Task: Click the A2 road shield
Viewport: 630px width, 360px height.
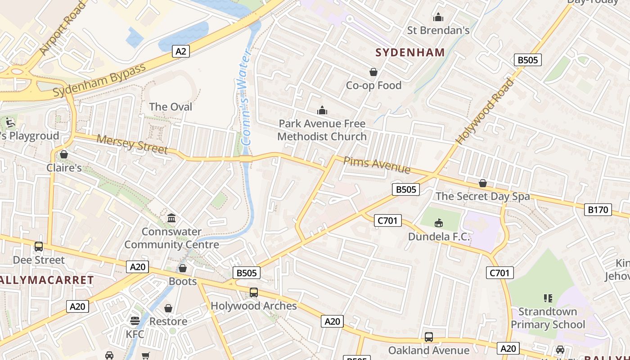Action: [180, 51]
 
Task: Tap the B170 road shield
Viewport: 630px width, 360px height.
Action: [598, 209]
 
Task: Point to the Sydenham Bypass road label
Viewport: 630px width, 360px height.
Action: [99, 80]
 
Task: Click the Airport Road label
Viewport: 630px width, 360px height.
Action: [63, 28]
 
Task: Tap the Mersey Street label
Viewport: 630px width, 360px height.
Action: [132, 144]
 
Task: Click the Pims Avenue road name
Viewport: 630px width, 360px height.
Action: [377, 165]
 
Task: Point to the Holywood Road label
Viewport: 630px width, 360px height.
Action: [485, 111]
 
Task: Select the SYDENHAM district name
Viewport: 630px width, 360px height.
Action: [410, 53]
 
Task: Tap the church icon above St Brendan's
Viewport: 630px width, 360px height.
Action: [438, 18]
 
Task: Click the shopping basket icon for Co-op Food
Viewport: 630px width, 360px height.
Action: [373, 72]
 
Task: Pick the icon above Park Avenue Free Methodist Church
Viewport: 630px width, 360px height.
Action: [322, 110]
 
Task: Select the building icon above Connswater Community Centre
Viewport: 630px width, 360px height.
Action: [171, 218]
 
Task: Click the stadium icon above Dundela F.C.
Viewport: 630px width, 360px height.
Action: [439, 223]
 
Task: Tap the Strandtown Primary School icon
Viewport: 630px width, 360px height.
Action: [548, 298]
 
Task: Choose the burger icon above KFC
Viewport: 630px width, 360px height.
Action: [135, 320]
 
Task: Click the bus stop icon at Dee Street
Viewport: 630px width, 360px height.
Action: [39, 247]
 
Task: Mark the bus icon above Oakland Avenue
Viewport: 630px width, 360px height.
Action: [429, 337]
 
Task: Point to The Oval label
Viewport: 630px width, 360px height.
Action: [171, 107]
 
